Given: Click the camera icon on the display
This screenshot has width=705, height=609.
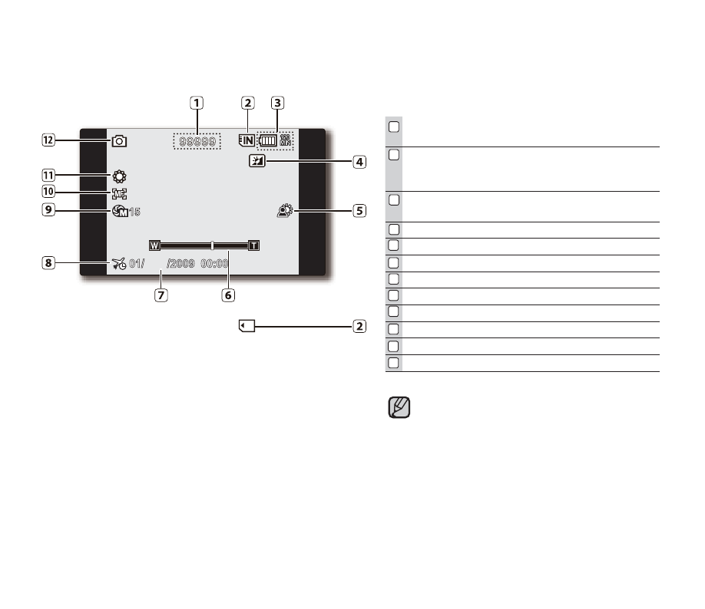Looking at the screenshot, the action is pos(119,141).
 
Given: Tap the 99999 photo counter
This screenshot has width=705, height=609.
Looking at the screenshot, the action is pos(197,141).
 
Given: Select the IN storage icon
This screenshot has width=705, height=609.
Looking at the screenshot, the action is pos(247,140).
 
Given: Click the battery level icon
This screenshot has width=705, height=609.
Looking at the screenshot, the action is pos(267,140).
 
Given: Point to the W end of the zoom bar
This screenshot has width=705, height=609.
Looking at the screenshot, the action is pos(154,245).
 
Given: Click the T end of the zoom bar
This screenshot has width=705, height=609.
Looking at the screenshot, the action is pos(254,245).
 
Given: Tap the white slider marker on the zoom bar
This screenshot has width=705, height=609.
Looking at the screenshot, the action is pos(212,245).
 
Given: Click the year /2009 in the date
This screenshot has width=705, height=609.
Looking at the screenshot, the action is pos(180,264).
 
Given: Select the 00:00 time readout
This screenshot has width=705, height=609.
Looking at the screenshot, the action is pos(214,264).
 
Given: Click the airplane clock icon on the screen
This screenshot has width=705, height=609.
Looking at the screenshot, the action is pos(119,264).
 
